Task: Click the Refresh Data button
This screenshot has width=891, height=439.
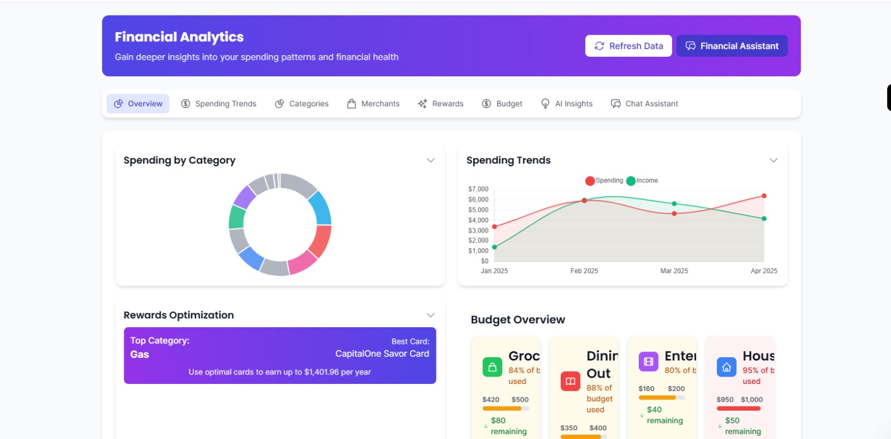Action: point(628,46)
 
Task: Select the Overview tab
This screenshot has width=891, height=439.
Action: point(138,104)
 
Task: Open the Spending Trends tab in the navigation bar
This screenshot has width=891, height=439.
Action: point(219,104)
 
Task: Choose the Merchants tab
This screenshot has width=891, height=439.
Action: point(373,104)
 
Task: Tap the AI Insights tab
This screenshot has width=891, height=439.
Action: point(567,104)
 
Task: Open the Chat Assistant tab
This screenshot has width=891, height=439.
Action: point(644,104)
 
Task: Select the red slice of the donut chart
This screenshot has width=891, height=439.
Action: point(320,240)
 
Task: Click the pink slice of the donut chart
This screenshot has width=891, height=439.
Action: point(302,262)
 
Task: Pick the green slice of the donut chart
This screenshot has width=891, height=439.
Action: point(237,217)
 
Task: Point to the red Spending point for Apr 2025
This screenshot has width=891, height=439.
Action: point(764,196)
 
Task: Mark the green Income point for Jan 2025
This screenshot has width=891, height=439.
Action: point(495,247)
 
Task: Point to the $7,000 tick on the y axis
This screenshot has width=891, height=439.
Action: point(478,189)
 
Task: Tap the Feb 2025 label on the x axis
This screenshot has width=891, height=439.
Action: point(584,271)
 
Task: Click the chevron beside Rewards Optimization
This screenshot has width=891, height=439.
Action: point(430,315)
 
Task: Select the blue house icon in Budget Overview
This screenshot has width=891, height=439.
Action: point(726,367)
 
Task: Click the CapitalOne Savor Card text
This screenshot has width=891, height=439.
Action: point(382,354)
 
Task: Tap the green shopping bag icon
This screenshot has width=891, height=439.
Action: point(492,367)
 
